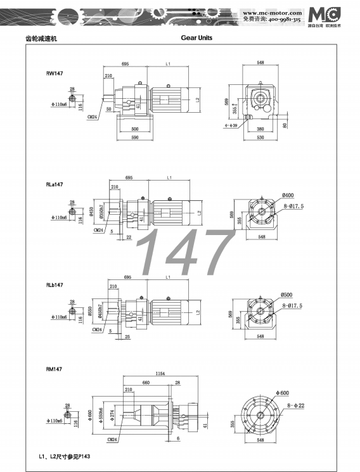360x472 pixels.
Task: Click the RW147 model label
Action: [x=54, y=73]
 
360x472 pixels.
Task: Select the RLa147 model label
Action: [x=55, y=184]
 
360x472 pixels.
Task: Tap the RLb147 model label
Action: [x=55, y=285]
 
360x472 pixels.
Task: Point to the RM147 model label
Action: [x=54, y=369]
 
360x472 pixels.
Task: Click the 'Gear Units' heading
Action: [x=196, y=38]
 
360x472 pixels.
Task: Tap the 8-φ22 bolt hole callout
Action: [x=296, y=404]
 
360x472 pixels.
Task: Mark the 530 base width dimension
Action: [x=260, y=137]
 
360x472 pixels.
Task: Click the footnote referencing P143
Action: [x=65, y=456]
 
